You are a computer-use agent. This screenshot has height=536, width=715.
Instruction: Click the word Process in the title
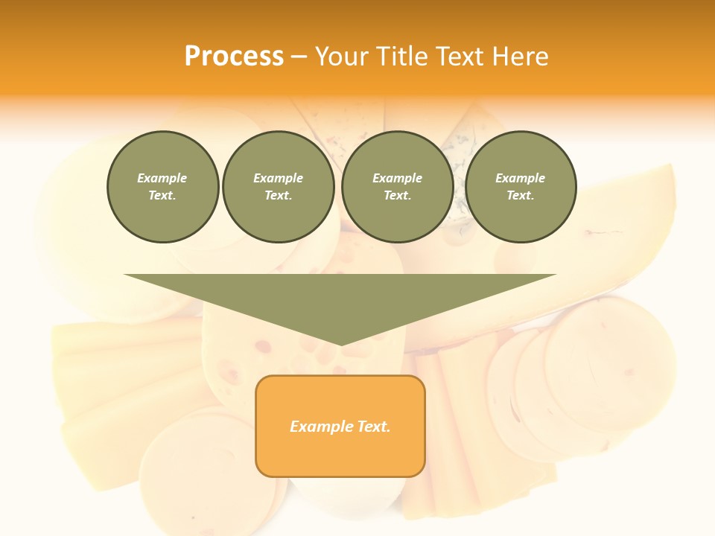pos(234,57)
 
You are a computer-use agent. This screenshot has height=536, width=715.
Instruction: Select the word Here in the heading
pos(521,57)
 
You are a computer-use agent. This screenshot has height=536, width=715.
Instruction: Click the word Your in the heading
pos(343,57)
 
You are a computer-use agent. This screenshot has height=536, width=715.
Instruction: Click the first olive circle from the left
pos(162,187)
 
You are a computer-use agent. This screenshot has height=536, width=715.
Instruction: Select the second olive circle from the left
pos(278,187)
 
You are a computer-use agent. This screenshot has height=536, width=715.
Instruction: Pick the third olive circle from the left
pos(397,187)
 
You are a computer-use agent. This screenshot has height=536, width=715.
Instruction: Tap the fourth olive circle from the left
pos(520,187)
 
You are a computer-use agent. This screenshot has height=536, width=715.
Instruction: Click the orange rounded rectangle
pos(340,426)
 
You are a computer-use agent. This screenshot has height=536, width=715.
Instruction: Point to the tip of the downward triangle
pos(340,343)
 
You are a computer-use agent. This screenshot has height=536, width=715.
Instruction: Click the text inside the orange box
pos(340,427)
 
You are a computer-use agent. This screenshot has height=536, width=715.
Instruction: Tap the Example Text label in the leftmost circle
pos(162,187)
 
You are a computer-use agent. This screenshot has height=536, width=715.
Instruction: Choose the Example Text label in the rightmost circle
pos(520,187)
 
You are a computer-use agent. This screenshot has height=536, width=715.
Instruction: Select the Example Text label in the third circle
pos(397,187)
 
